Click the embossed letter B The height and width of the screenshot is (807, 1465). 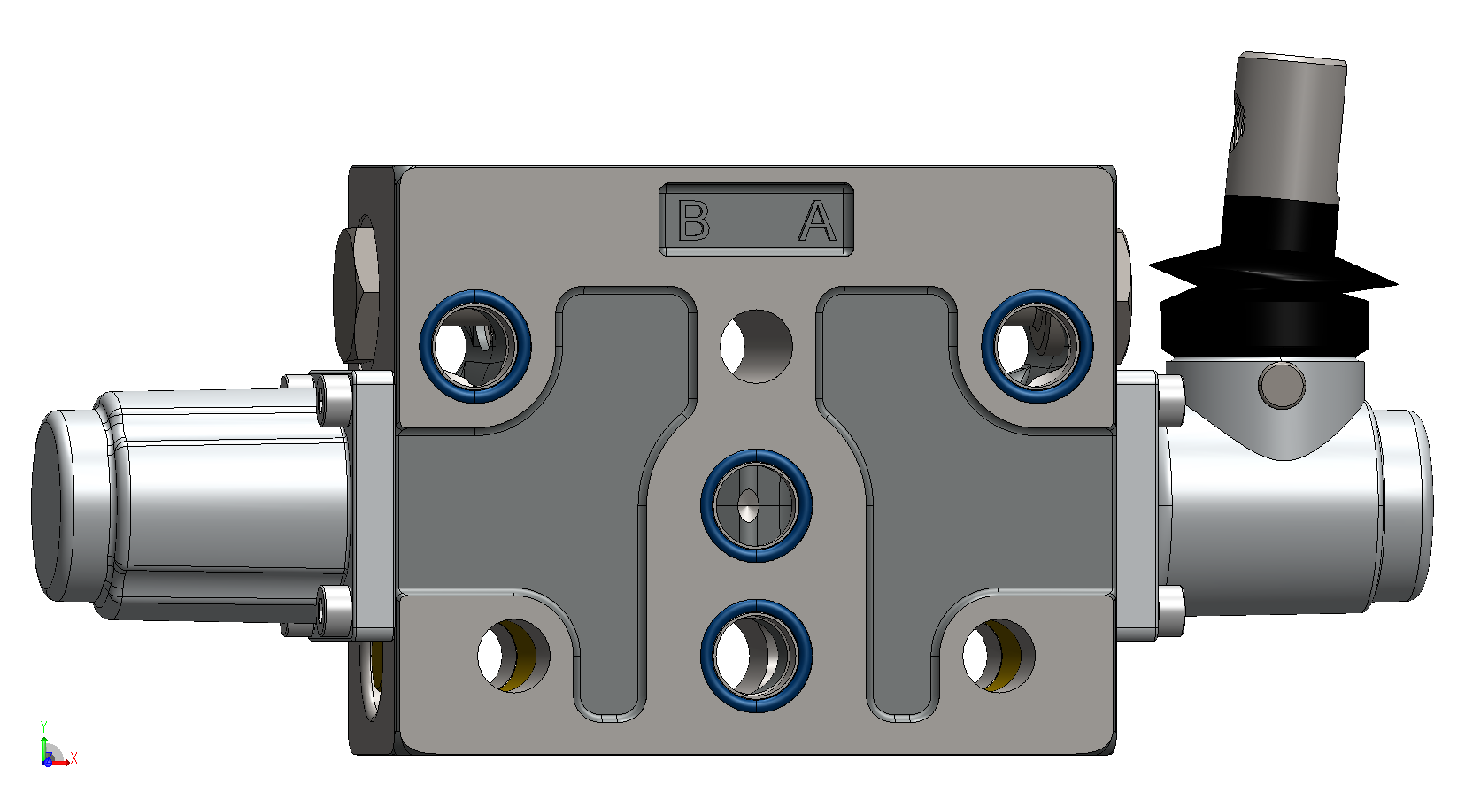(x=693, y=220)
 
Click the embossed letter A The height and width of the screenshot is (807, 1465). (x=817, y=220)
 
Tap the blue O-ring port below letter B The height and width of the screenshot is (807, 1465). (x=475, y=346)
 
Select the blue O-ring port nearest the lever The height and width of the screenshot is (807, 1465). (x=1037, y=346)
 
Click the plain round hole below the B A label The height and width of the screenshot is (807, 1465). (x=757, y=347)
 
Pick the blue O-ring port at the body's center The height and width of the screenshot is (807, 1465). (x=757, y=505)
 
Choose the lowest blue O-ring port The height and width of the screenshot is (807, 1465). (x=757, y=656)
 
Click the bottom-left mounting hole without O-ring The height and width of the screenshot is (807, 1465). (x=514, y=656)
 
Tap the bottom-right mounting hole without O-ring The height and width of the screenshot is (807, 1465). (x=999, y=656)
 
